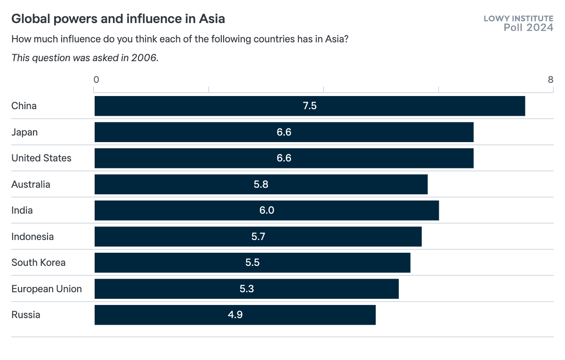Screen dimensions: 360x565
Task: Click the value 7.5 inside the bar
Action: pos(310,106)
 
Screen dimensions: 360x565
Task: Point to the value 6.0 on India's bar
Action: pos(266,210)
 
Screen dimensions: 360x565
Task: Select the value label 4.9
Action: pos(235,315)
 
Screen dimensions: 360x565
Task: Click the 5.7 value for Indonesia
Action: pos(258,237)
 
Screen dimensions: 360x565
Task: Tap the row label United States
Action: pos(41,158)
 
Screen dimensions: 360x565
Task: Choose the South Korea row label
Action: pos(39,263)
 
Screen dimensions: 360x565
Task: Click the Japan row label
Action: pos(24,132)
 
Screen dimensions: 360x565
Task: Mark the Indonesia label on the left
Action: pos(32,237)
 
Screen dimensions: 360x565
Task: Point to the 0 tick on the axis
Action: pos(96,80)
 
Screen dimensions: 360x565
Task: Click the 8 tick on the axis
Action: pos(550,80)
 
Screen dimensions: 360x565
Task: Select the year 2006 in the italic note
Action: pos(145,58)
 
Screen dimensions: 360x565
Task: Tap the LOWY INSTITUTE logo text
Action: pos(518,18)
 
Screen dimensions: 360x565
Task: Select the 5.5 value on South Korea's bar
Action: pos(252,263)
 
